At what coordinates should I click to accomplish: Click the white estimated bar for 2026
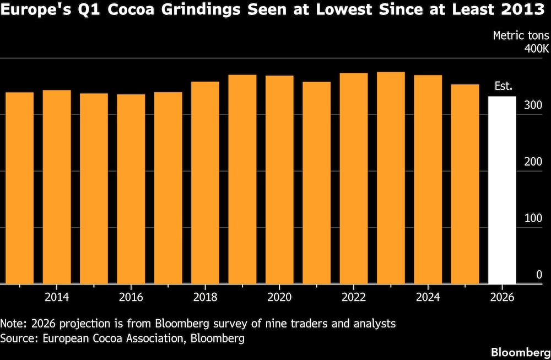[x=502, y=190]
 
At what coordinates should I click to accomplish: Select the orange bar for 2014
[x=57, y=187]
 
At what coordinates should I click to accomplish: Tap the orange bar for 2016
[x=131, y=189]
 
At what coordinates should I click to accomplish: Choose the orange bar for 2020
[x=279, y=180]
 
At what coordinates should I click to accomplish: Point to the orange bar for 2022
[x=354, y=179]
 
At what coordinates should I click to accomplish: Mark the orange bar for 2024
[x=428, y=180]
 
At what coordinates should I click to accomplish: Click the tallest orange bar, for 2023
[x=391, y=178]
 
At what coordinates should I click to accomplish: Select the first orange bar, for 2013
[x=20, y=188]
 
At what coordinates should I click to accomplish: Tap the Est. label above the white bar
[x=503, y=87]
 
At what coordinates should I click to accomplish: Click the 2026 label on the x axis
[x=502, y=297]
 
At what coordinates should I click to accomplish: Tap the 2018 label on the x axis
[x=205, y=297]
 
